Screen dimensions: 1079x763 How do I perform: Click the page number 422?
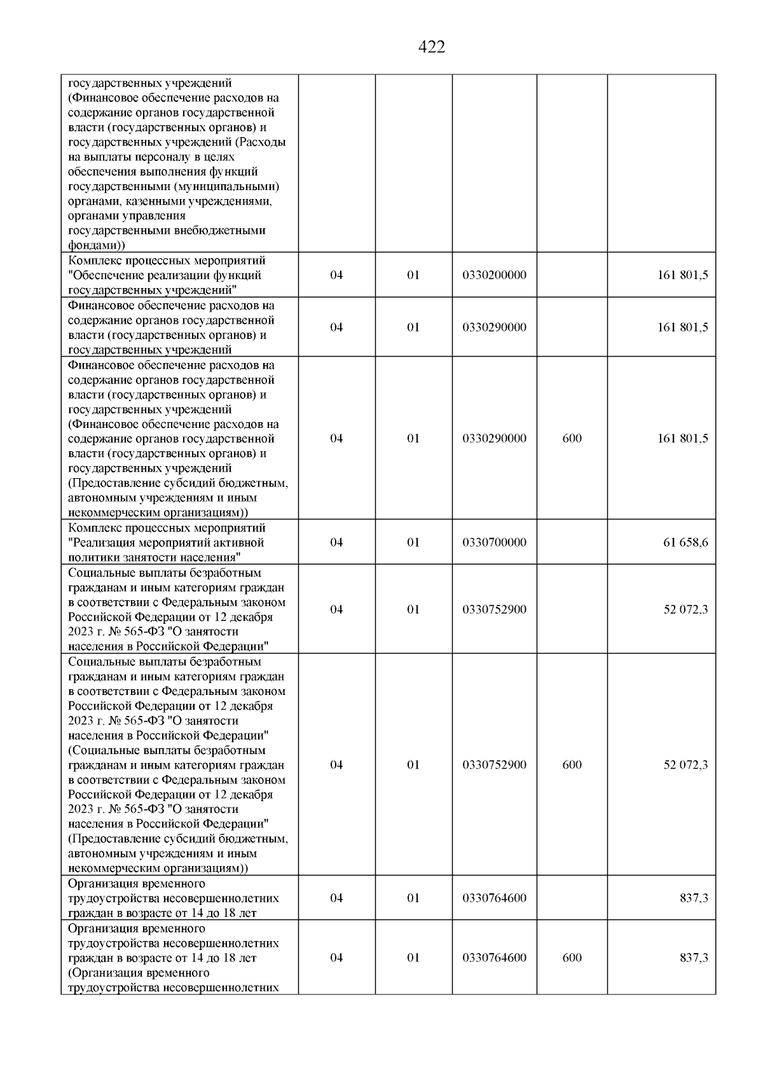(432, 47)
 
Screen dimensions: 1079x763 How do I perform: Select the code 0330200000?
(494, 275)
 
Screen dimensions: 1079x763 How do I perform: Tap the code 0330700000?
(494, 542)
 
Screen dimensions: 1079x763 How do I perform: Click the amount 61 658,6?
(685, 542)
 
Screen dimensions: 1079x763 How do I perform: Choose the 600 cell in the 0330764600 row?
(572, 958)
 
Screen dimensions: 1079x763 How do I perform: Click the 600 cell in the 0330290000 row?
(572, 438)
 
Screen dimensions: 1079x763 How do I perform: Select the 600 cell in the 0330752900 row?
(572, 765)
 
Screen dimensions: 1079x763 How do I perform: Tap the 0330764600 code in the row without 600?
(494, 898)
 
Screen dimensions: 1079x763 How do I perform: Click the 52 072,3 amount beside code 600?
(685, 765)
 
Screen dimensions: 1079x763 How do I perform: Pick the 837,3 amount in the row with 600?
(694, 958)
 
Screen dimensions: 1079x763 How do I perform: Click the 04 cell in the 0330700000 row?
(336, 542)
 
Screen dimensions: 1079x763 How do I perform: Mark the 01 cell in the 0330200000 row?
(413, 275)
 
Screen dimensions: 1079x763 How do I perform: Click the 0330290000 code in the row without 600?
(494, 327)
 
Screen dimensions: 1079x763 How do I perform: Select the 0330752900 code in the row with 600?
(494, 765)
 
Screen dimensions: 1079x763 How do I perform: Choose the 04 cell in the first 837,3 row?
(336, 898)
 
